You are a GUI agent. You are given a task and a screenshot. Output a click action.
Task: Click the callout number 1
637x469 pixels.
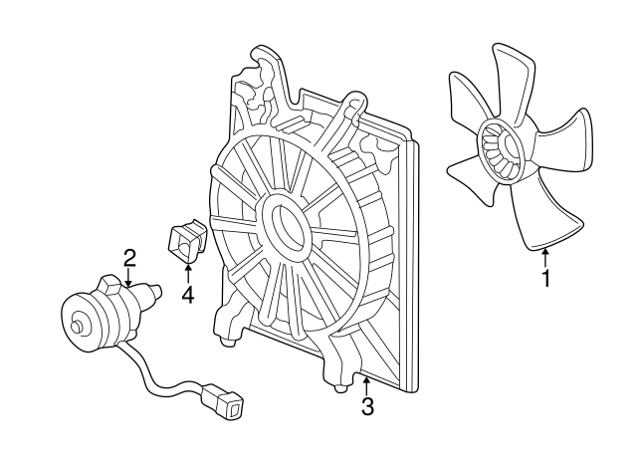coord(546,279)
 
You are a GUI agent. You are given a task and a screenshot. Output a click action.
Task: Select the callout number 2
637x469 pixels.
coord(129,258)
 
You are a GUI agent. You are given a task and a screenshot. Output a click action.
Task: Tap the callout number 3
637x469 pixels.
coord(367,406)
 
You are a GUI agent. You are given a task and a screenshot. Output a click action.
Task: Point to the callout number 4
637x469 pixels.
coord(188,295)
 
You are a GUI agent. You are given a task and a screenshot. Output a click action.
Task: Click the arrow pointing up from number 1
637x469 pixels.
coord(546,258)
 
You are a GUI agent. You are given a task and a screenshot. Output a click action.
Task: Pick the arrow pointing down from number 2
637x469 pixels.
coord(128,277)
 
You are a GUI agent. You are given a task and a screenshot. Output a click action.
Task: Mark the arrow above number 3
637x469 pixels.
coord(367,386)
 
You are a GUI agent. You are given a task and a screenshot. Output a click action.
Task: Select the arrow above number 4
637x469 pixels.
coord(188,274)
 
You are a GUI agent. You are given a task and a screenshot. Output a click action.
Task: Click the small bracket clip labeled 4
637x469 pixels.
coord(186,240)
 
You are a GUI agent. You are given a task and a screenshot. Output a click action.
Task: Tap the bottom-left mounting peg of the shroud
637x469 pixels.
coord(228,342)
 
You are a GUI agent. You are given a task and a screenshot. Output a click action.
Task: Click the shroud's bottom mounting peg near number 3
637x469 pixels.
coord(340,387)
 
